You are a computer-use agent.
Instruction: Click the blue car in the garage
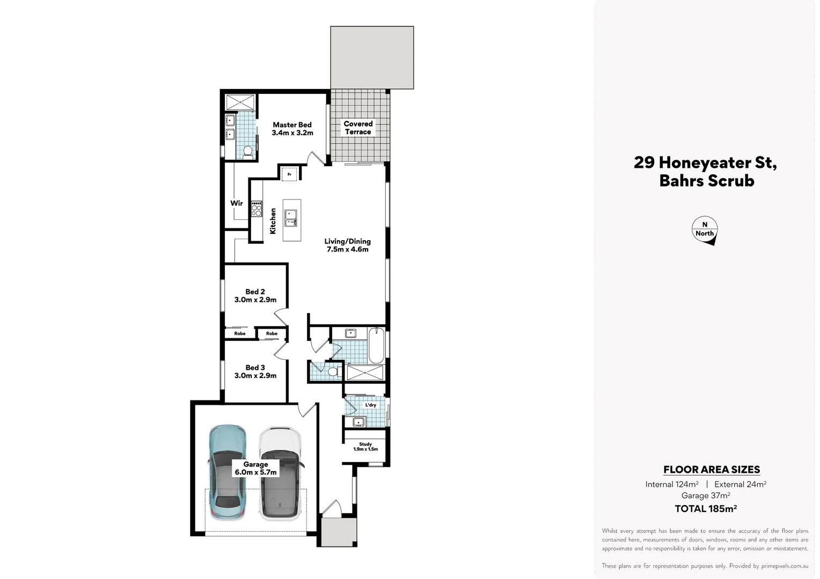227,472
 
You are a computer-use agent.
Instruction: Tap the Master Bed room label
292,129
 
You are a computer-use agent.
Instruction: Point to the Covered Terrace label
358,128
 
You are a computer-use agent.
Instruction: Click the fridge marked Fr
289,174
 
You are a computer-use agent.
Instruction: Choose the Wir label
237,203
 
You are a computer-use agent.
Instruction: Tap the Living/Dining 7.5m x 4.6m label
347,245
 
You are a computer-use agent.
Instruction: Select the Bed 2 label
255,295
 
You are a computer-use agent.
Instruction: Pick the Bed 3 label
255,371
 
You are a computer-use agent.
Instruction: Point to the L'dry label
370,405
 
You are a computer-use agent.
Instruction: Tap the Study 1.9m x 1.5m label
365,447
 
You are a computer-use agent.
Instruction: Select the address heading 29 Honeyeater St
705,162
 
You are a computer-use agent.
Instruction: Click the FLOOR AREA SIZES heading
711,470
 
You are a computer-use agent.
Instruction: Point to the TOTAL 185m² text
705,509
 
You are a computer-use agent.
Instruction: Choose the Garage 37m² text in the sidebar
705,495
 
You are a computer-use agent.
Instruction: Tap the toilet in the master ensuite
248,151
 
